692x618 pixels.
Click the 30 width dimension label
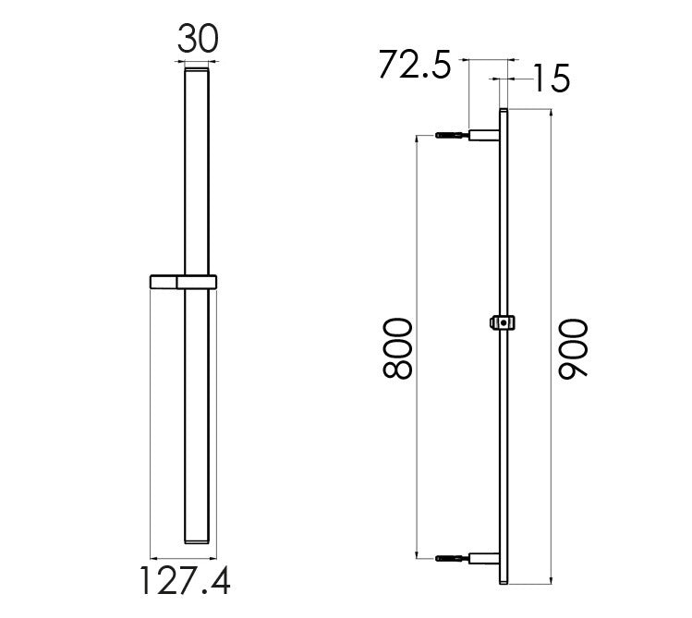199,40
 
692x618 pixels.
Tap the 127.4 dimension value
184,582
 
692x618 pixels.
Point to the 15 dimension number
550,79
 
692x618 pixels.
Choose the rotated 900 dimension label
573,348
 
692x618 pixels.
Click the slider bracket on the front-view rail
182,282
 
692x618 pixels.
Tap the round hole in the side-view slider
504,322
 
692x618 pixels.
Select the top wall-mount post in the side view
484,135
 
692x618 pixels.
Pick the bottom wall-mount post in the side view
484,558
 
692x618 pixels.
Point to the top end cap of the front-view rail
199,70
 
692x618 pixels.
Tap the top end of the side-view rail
504,112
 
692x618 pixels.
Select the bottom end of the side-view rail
504,583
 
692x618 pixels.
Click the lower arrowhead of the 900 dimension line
552,581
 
